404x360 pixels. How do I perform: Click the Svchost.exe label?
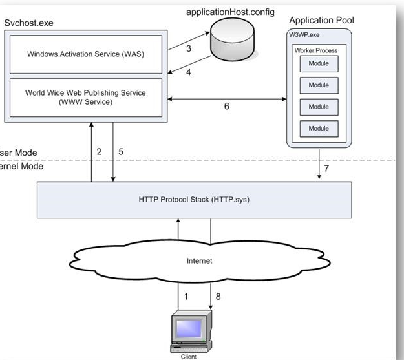tap(28, 23)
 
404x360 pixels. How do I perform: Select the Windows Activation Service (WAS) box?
tap(85, 54)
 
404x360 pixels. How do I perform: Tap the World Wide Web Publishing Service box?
tap(85, 97)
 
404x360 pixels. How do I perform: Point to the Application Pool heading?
tap(321, 21)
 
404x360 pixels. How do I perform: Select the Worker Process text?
tap(316, 50)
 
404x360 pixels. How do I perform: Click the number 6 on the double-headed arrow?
tap(226, 107)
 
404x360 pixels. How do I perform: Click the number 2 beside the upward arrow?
tap(100, 151)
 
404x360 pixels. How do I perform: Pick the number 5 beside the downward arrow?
tap(121, 151)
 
